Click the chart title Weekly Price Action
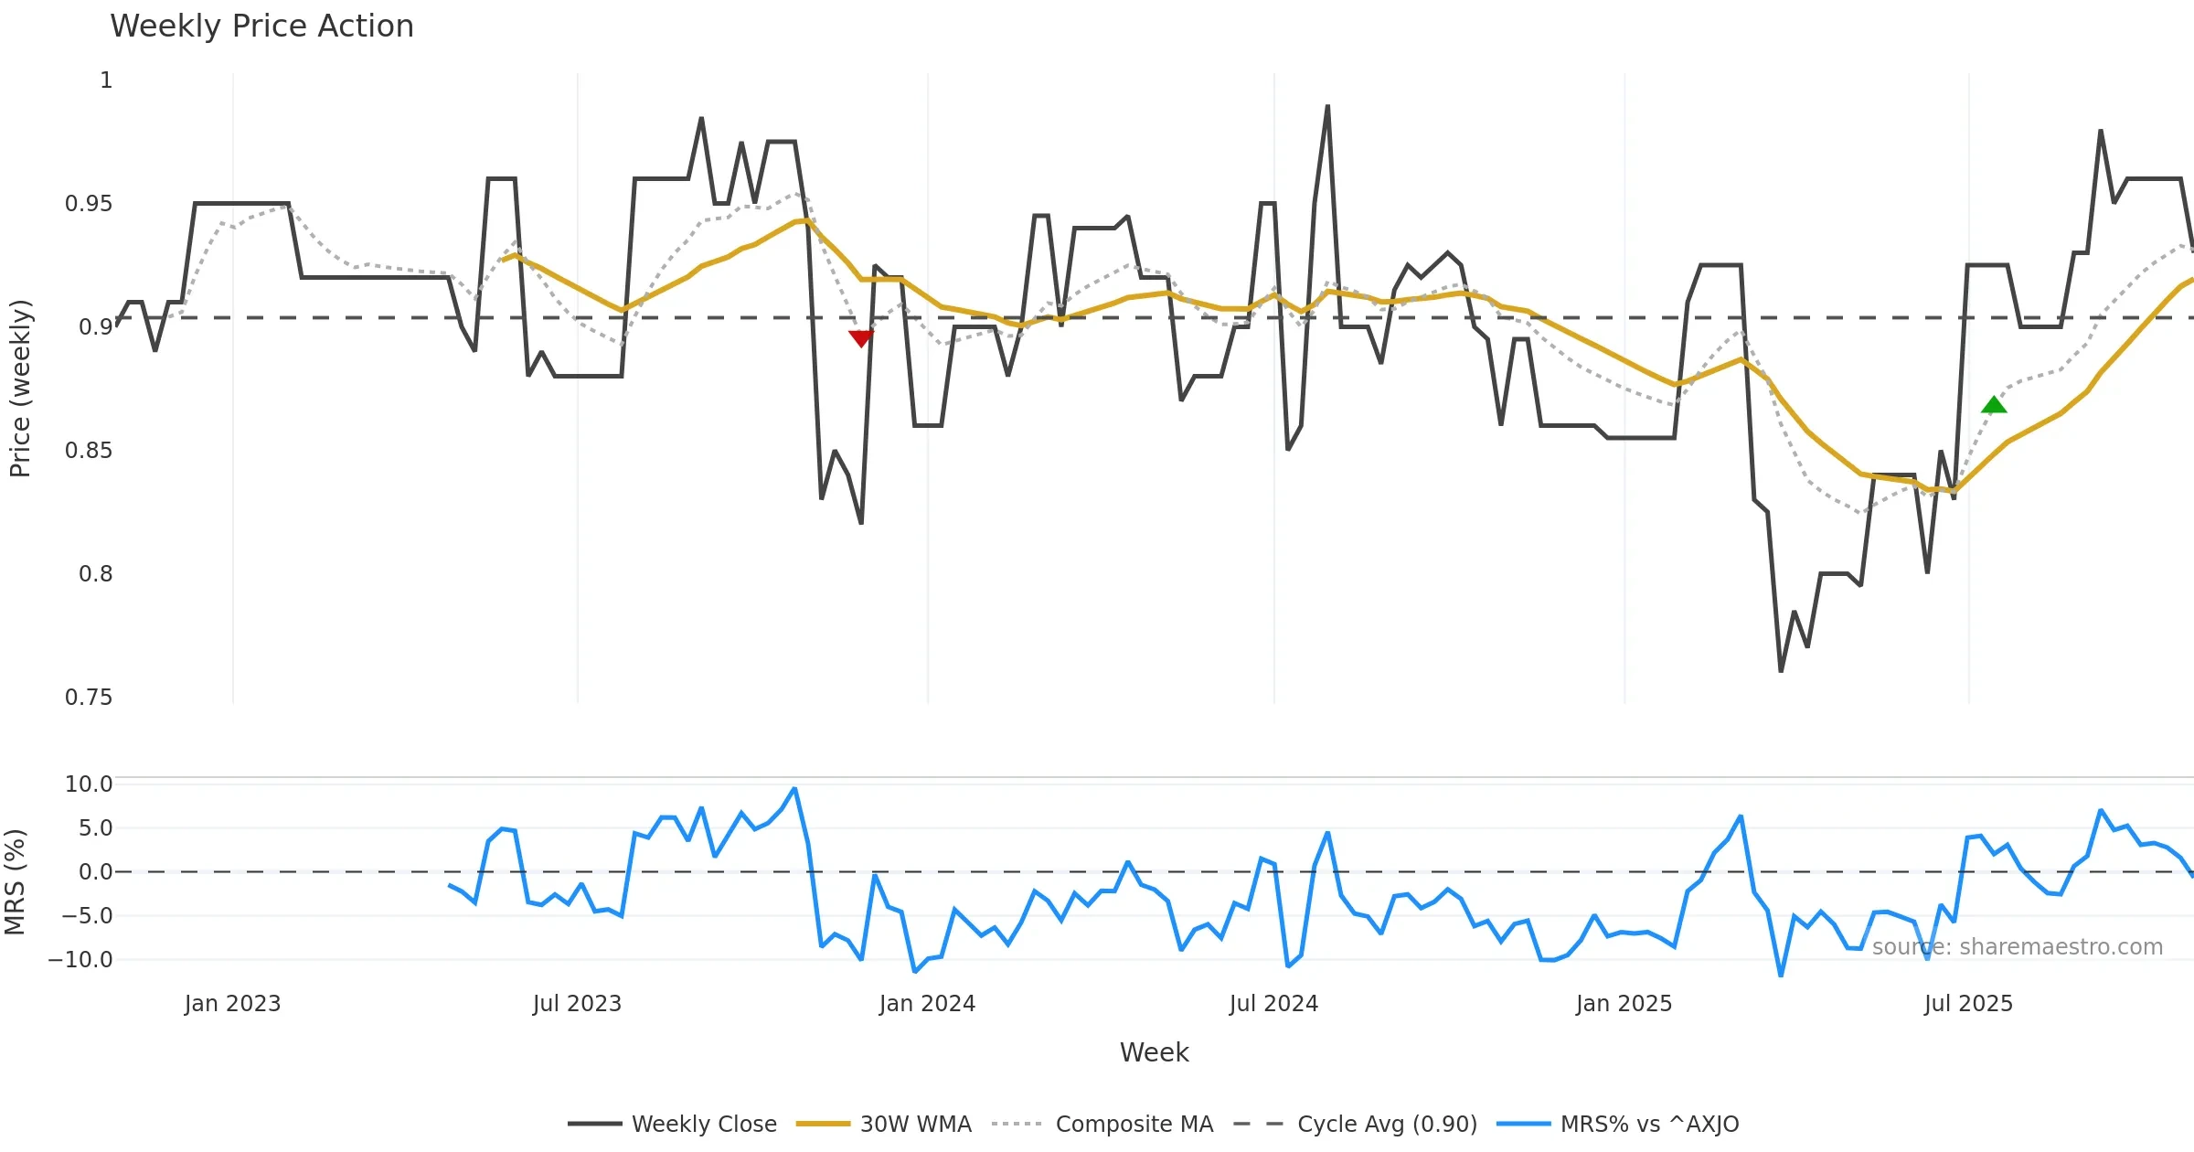pyautogui.click(x=261, y=27)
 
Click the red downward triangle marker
pyautogui.click(x=860, y=338)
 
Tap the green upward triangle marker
pyautogui.click(x=1994, y=405)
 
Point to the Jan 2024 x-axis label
pyautogui.click(x=927, y=1004)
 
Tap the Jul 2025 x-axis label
pyautogui.click(x=1968, y=1004)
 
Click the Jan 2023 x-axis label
pyautogui.click(x=232, y=1004)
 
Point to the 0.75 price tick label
pyautogui.click(x=89, y=698)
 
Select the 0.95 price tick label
pyautogui.click(x=89, y=204)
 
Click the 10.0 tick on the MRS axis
pyautogui.click(x=89, y=784)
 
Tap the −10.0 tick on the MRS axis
pyautogui.click(x=80, y=960)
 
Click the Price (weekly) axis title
pyautogui.click(x=20, y=389)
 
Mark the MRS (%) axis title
pyautogui.click(x=15, y=882)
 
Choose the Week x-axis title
pyautogui.click(x=1154, y=1053)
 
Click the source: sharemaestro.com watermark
pyautogui.click(x=2017, y=947)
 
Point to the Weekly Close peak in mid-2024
pyautogui.click(x=1327, y=107)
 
